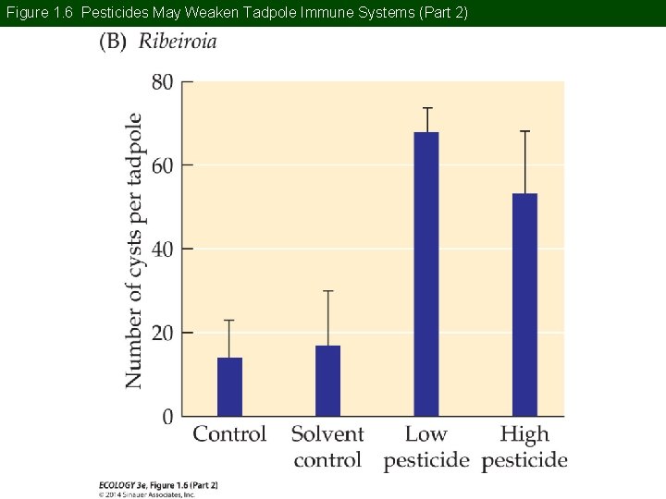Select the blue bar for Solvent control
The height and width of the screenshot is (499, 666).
point(327,381)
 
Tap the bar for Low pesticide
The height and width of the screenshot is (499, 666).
point(426,274)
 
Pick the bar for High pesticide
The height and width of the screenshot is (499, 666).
point(524,304)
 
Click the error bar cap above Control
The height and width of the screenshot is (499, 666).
point(229,320)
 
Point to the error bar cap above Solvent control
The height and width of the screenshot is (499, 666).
point(327,291)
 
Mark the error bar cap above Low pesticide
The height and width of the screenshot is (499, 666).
point(426,108)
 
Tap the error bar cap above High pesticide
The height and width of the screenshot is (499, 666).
point(524,131)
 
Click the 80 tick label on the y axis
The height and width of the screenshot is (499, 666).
point(161,82)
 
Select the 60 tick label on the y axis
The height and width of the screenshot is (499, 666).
point(161,165)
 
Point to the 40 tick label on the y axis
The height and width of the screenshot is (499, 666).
point(161,249)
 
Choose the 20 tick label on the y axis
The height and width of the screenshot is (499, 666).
point(161,333)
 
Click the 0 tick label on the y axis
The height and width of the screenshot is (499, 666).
point(166,417)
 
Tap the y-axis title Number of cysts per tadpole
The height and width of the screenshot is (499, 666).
point(135,250)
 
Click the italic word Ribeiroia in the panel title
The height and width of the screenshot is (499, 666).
point(178,43)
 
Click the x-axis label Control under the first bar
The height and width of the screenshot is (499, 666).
point(229,433)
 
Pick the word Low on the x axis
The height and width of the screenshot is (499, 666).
point(425,433)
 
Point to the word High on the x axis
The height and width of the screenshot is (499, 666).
point(524,434)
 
